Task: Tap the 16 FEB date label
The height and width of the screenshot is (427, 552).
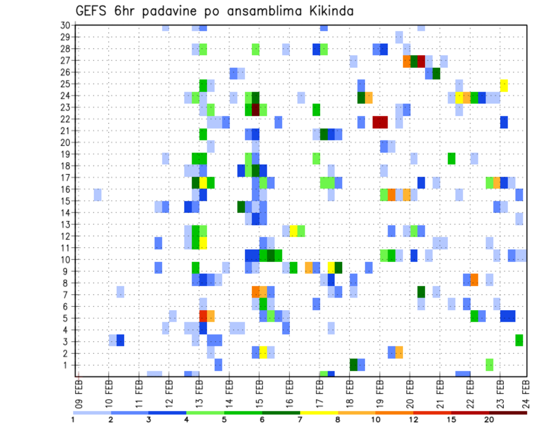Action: [x=289, y=391]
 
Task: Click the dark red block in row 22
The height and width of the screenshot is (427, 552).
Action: [x=379, y=122]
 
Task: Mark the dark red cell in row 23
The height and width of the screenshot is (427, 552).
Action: [x=256, y=109]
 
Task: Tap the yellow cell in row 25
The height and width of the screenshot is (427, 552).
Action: [x=504, y=86]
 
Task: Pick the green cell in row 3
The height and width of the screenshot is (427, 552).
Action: [x=519, y=340]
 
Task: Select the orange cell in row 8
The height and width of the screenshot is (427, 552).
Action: [x=474, y=280]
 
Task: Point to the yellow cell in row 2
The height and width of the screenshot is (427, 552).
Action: [x=263, y=352]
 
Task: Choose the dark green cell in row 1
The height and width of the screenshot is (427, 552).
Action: [x=354, y=364]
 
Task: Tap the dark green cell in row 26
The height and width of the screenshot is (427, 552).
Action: [x=436, y=74]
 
